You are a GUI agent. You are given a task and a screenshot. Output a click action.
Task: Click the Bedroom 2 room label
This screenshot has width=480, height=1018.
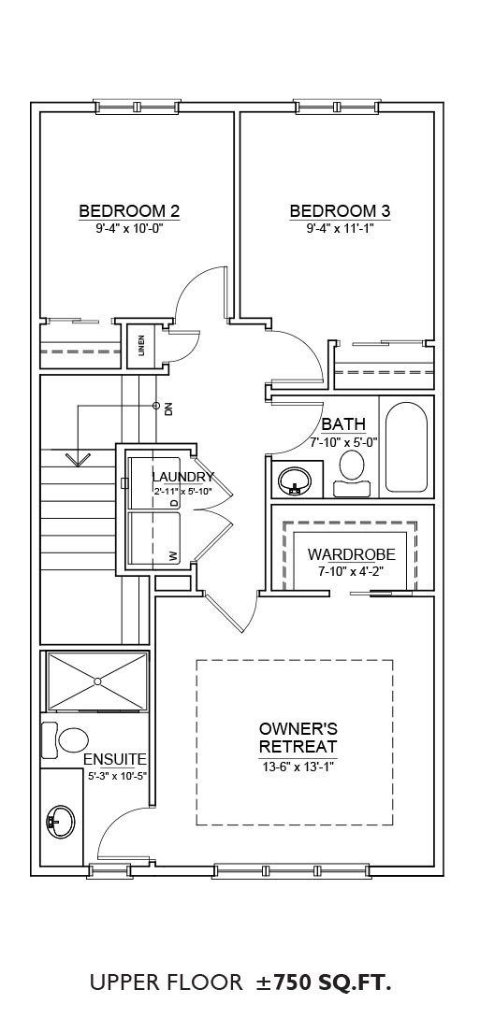[129, 211]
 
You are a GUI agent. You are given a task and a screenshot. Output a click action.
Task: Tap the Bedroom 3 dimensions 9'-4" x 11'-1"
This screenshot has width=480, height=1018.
[340, 228]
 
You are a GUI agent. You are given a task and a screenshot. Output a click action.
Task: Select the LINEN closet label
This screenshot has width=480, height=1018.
[141, 345]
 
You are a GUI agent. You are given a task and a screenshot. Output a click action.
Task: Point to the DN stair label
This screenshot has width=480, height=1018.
[168, 409]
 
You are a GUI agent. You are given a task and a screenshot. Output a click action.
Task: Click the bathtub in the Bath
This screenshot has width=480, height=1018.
[407, 448]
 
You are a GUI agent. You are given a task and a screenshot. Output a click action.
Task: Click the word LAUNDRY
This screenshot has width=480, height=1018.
[182, 478]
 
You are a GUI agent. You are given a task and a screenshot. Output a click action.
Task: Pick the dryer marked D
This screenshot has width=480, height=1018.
[155, 483]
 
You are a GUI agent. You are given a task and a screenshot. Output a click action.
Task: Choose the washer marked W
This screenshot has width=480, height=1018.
[155, 538]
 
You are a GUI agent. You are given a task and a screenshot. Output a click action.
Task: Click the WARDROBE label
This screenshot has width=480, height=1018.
[352, 554]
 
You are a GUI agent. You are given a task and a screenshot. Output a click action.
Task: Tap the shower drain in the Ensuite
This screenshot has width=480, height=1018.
[97, 681]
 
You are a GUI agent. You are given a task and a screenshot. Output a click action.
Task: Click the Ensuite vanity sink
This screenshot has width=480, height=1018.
[61, 822]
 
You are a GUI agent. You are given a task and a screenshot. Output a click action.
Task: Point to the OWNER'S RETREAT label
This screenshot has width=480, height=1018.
[298, 737]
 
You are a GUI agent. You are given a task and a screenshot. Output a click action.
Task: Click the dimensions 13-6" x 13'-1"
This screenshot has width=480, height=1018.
[298, 767]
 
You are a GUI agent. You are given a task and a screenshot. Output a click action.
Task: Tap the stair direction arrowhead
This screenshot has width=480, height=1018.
[79, 460]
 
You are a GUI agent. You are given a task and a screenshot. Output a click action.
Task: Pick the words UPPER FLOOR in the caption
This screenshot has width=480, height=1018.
[166, 982]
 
